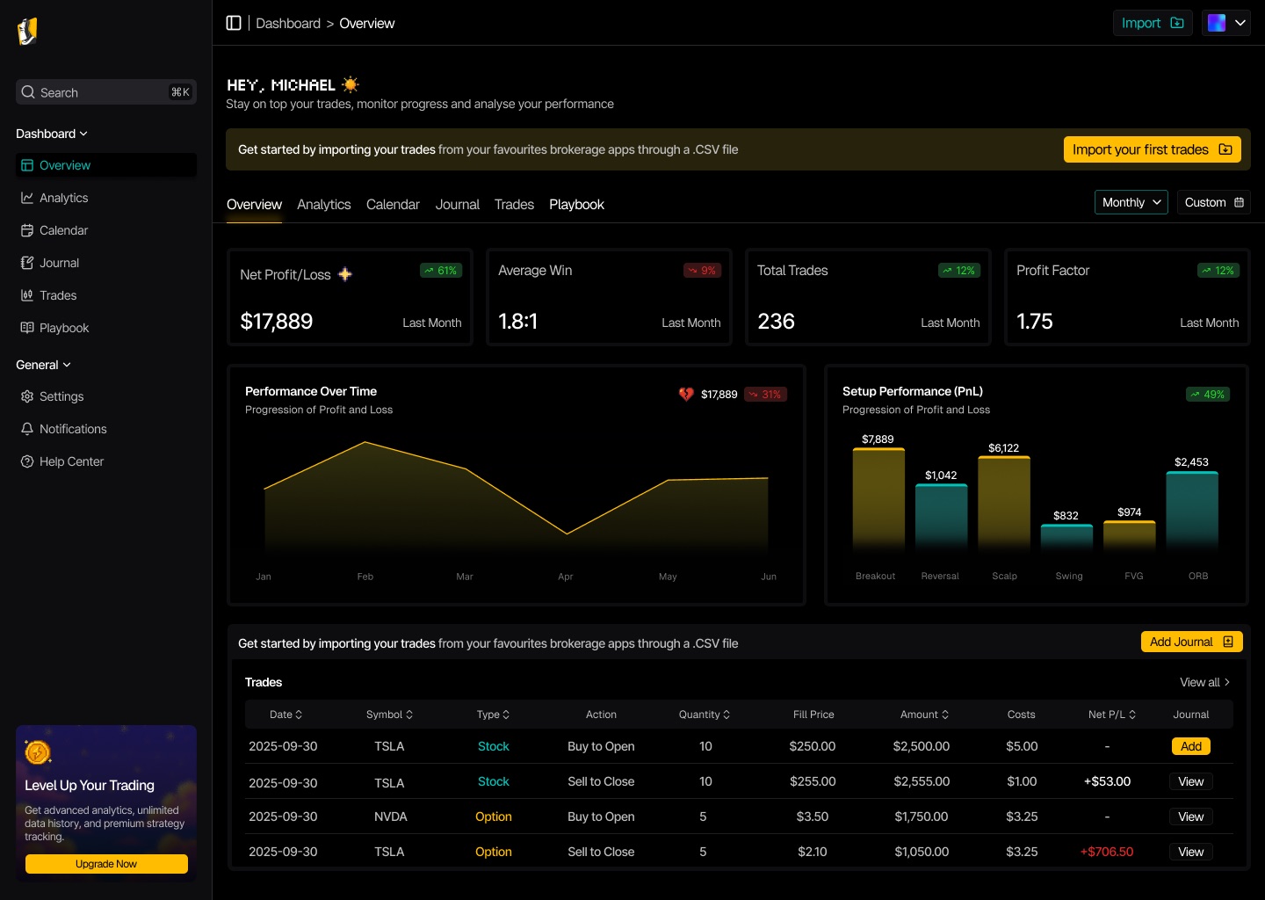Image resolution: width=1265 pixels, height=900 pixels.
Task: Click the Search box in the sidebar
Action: pyautogui.click(x=106, y=92)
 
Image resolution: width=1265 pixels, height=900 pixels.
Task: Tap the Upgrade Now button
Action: pyautogui.click(x=106, y=863)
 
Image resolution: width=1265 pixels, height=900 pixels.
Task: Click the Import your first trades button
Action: pyautogui.click(x=1152, y=149)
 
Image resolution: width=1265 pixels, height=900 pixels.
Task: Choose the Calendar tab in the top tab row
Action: pyautogui.click(x=393, y=205)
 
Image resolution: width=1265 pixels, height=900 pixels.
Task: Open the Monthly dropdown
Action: pyautogui.click(x=1131, y=202)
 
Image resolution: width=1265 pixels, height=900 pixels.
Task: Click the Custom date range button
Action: pyautogui.click(x=1213, y=202)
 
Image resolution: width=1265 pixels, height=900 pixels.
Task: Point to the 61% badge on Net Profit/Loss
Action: pyautogui.click(x=440, y=271)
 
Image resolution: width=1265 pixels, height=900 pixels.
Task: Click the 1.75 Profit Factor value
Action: pyautogui.click(x=1035, y=321)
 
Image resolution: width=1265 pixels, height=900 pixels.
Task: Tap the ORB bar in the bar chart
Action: pyautogui.click(x=1191, y=511)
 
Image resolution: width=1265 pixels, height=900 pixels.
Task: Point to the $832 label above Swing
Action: pyautogui.click(x=1066, y=515)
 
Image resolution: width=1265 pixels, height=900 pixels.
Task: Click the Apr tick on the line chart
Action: pyautogui.click(x=566, y=577)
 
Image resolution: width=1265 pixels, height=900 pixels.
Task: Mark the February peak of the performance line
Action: pyautogui.click(x=365, y=442)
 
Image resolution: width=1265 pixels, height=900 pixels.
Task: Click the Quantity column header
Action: pyautogui.click(x=704, y=715)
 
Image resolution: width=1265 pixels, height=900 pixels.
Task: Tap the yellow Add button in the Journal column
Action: pyautogui.click(x=1190, y=746)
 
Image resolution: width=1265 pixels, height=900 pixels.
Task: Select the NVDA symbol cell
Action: pyautogui.click(x=390, y=817)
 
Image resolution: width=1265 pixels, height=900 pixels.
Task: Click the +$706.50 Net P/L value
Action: pyautogui.click(x=1106, y=852)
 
